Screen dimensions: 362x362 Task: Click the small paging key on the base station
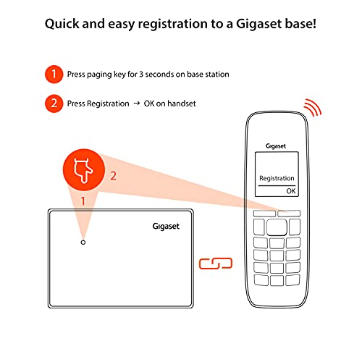(x=83, y=243)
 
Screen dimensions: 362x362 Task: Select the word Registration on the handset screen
(x=277, y=178)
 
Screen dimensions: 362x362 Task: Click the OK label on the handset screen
(x=291, y=191)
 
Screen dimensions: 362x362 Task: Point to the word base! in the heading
(x=295, y=23)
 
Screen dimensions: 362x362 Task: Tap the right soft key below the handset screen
(x=289, y=214)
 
